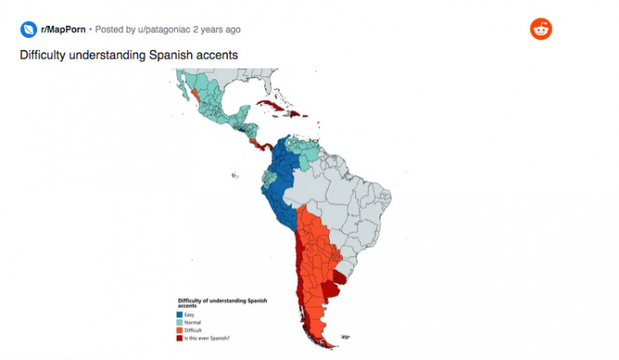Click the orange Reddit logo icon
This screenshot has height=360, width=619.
coord(541,29)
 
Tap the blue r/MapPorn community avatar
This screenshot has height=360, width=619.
coord(28,30)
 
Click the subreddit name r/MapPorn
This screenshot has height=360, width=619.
coord(63,30)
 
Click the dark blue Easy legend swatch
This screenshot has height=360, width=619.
coord(180,314)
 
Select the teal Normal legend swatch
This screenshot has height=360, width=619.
coord(180,322)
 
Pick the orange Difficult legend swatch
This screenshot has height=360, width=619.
coord(180,330)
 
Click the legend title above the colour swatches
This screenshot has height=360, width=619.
coord(221,303)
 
